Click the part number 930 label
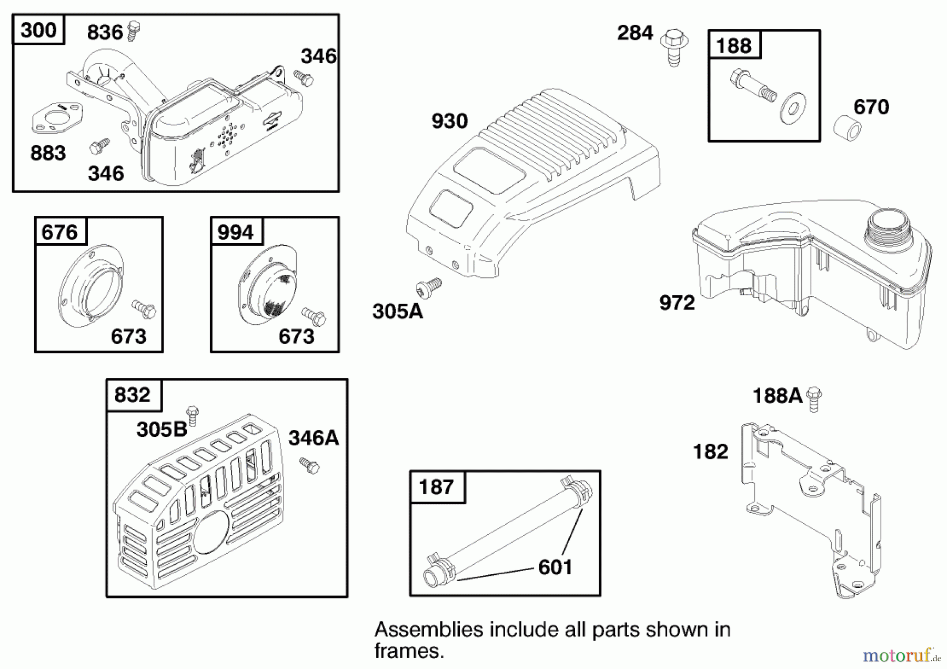[x=449, y=122]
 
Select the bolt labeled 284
[x=674, y=47]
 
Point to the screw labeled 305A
[x=429, y=287]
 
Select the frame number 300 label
[x=38, y=31]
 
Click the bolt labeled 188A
[x=814, y=398]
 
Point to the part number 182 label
[x=711, y=452]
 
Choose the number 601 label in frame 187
[x=555, y=567]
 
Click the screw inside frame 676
[x=144, y=309]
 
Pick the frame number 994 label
[x=236, y=232]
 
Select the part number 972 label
[x=677, y=303]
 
